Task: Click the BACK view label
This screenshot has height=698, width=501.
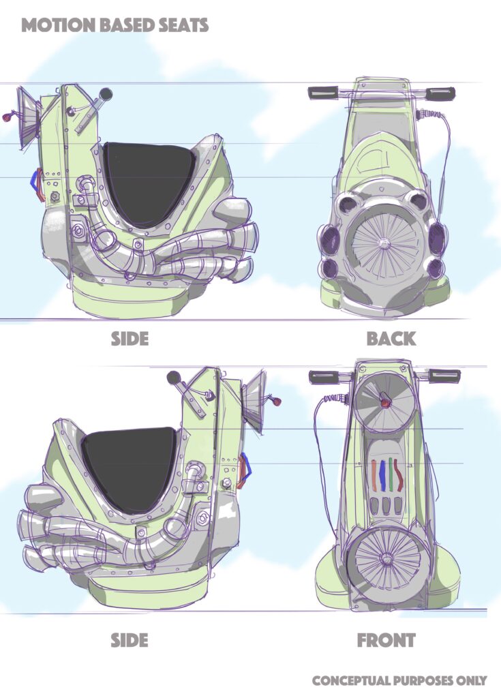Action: click(x=391, y=339)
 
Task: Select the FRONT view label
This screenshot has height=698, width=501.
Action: click(x=386, y=641)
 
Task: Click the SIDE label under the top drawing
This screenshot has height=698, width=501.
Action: click(x=130, y=339)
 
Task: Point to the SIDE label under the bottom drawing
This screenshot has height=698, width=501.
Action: click(x=130, y=641)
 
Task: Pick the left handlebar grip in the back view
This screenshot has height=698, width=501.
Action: click(x=324, y=93)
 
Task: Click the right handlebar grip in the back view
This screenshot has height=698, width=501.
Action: click(x=440, y=93)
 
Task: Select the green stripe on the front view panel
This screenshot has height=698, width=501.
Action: click(x=390, y=474)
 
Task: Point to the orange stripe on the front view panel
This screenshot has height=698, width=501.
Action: click(x=374, y=475)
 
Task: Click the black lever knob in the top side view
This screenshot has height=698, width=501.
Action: click(x=106, y=94)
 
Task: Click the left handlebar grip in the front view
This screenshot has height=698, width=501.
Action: click(x=324, y=376)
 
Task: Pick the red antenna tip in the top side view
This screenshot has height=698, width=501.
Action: click(x=6, y=119)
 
